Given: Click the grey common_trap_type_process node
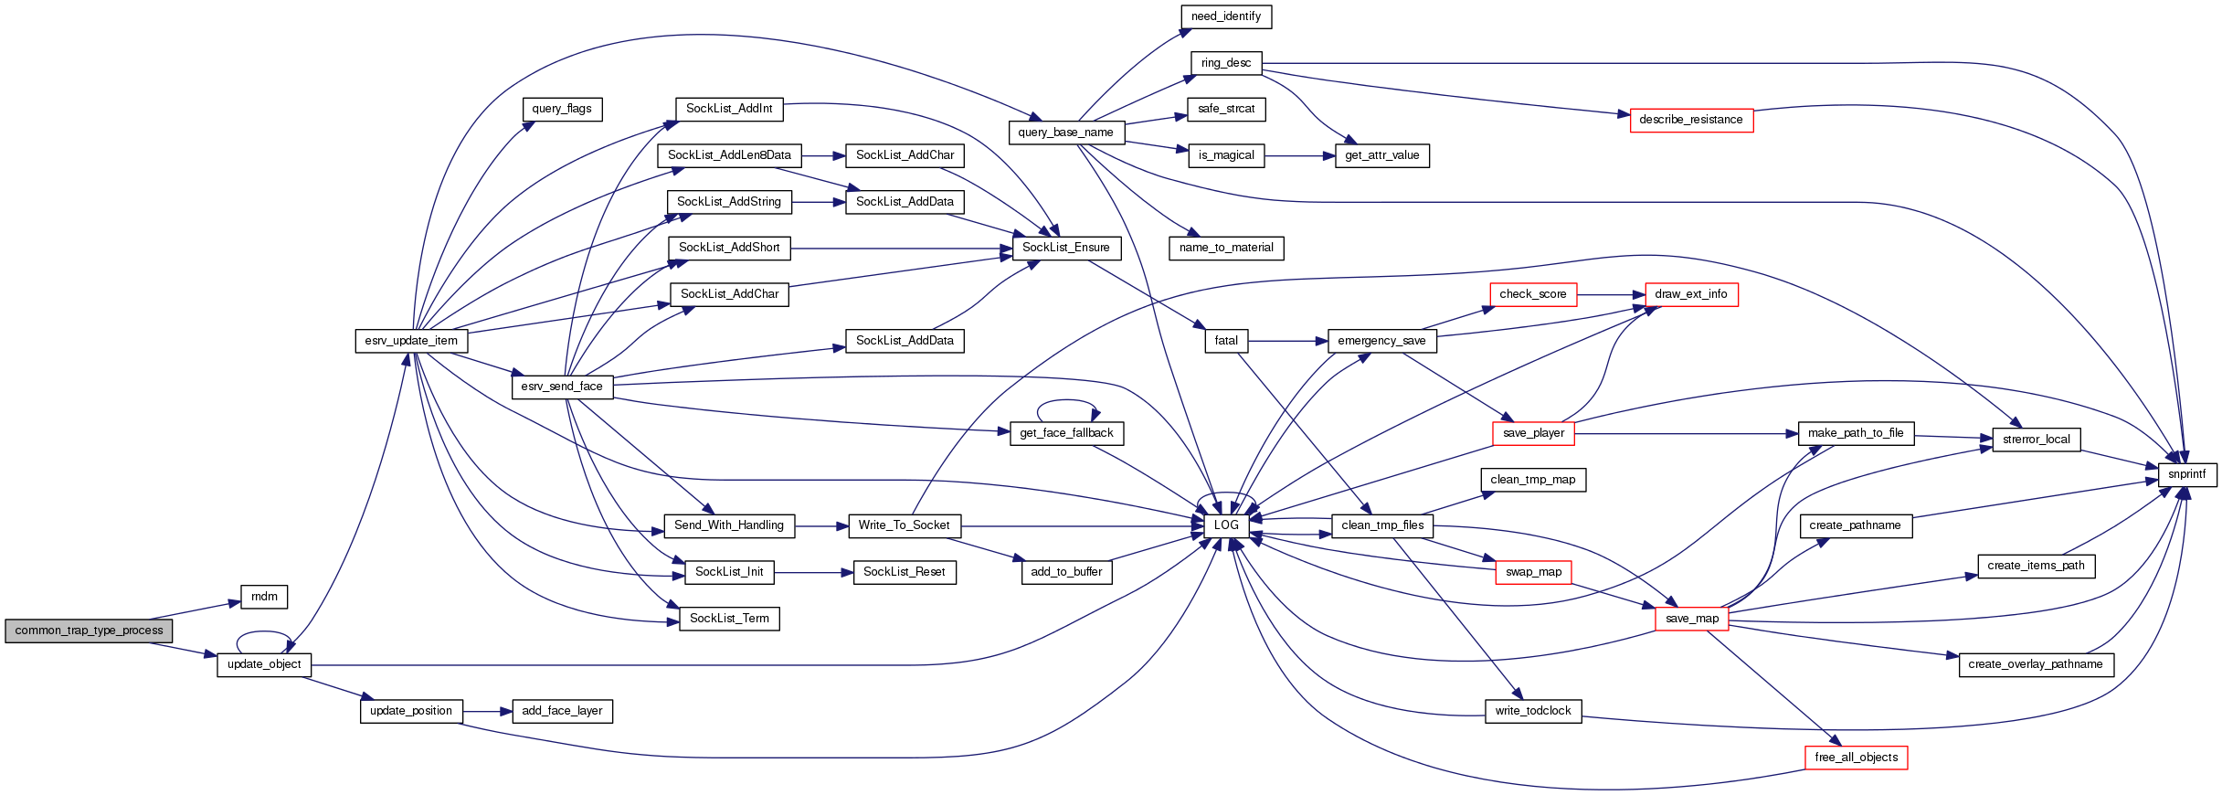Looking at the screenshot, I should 89,631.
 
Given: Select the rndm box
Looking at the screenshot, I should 264,597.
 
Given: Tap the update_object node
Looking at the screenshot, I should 264,664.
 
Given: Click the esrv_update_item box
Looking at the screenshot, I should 411,341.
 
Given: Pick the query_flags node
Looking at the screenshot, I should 562,109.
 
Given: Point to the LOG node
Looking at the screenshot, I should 1226,525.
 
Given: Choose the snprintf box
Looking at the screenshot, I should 2186,474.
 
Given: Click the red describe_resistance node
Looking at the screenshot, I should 1690,120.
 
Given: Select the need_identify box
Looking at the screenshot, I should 1225,16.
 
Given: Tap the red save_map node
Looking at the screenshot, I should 1691,619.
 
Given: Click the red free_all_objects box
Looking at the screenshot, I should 1856,758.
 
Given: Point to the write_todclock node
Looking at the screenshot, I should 1532,711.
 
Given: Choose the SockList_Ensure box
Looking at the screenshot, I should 1065,248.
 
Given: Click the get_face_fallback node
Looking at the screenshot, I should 1066,433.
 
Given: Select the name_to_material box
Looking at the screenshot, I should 1225,248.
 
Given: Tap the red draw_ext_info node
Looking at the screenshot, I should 1690,294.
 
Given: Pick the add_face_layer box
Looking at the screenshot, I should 562,711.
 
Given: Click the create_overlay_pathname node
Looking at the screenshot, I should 2035,664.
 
